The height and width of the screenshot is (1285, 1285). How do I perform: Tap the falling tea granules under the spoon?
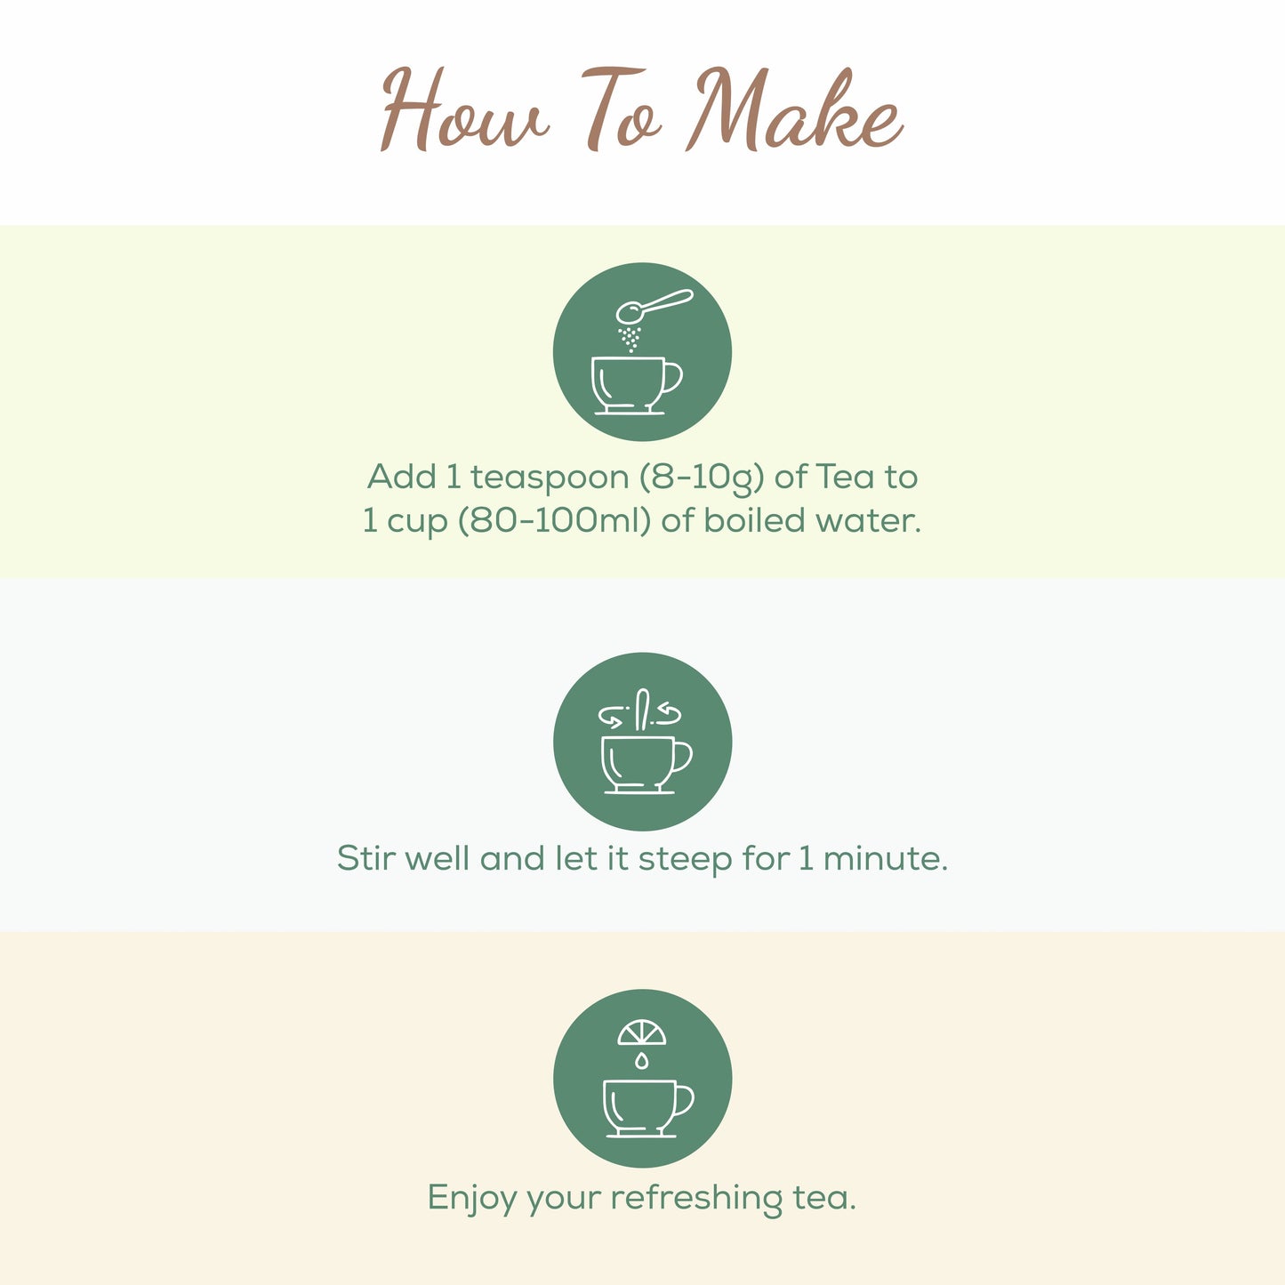point(630,338)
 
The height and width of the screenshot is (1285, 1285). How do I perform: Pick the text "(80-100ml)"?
point(553,521)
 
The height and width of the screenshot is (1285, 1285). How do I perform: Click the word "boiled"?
point(748,521)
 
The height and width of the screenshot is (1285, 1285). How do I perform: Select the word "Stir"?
point(359,859)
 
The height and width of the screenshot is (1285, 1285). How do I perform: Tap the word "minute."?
point(885,859)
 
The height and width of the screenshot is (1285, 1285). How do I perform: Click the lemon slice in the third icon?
point(642,1033)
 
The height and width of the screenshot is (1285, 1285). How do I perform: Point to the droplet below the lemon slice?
point(641,1060)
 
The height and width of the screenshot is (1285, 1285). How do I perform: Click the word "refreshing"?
point(696,1199)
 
